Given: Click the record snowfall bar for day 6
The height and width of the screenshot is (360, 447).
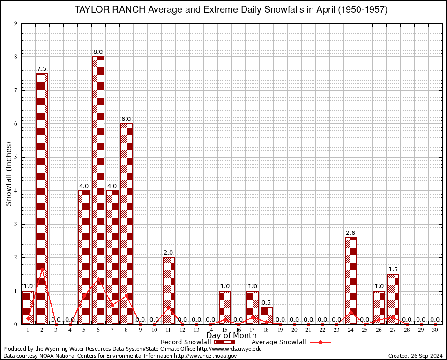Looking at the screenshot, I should pos(98,190).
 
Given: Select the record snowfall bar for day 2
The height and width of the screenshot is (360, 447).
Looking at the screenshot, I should pos(42,199).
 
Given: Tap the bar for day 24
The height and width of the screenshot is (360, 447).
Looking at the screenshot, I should pos(351,281).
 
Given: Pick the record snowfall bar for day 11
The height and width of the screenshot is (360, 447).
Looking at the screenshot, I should pos(169,291).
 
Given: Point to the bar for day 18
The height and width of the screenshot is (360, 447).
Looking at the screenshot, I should pos(267,315).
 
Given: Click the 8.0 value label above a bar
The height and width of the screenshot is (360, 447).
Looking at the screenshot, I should pos(98,52).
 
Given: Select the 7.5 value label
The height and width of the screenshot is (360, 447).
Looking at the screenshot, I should pos(42,69).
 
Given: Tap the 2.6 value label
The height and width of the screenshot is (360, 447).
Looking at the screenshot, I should pos(351,233).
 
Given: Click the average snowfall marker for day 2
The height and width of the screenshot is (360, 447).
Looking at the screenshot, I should pos(42,269).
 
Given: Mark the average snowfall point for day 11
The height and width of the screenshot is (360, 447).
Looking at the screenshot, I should pos(169,307).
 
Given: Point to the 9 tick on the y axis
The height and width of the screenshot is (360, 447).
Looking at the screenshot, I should pos(16,23).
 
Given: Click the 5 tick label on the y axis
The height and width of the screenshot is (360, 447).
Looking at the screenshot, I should pos(16,157).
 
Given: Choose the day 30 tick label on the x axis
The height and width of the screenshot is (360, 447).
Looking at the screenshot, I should pos(435,330).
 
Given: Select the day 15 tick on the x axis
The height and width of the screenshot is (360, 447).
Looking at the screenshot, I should pos(225,330).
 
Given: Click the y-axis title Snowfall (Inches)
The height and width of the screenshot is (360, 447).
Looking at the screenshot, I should pos(9,173).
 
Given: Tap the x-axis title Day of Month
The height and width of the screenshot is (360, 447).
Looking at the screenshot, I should pos(231,336).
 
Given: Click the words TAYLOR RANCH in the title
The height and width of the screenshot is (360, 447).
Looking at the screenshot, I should pos(111,10).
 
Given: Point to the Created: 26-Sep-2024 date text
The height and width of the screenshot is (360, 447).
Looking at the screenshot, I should pos(415,356).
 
